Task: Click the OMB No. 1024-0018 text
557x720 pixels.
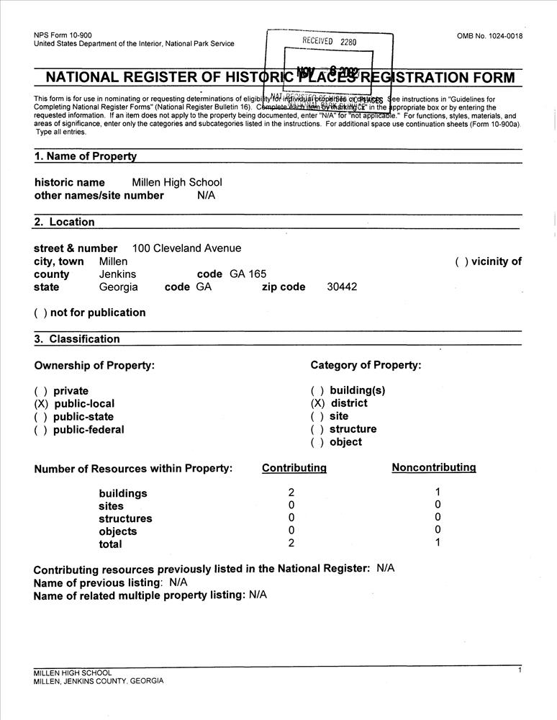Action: coord(489,36)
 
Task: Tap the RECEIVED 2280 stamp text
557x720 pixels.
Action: coord(329,42)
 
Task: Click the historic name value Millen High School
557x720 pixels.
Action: coord(177,182)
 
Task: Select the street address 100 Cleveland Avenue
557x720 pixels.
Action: coord(187,248)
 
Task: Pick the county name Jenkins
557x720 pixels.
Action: coord(117,274)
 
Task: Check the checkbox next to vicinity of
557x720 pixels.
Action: coord(461,262)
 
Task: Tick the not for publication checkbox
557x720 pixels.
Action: coord(40,312)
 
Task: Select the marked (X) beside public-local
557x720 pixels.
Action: coord(40,404)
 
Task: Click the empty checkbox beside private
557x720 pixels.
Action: coord(40,391)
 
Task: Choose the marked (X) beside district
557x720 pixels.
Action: coord(317,403)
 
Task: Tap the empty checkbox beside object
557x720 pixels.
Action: coord(317,442)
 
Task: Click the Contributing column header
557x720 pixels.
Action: coord(294,468)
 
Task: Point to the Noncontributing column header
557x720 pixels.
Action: coord(433,467)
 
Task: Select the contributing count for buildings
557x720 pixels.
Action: coord(291,493)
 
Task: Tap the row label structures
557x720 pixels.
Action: coord(125,518)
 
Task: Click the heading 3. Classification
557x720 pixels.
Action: coord(77,339)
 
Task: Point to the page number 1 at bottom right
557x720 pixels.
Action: coord(519,670)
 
